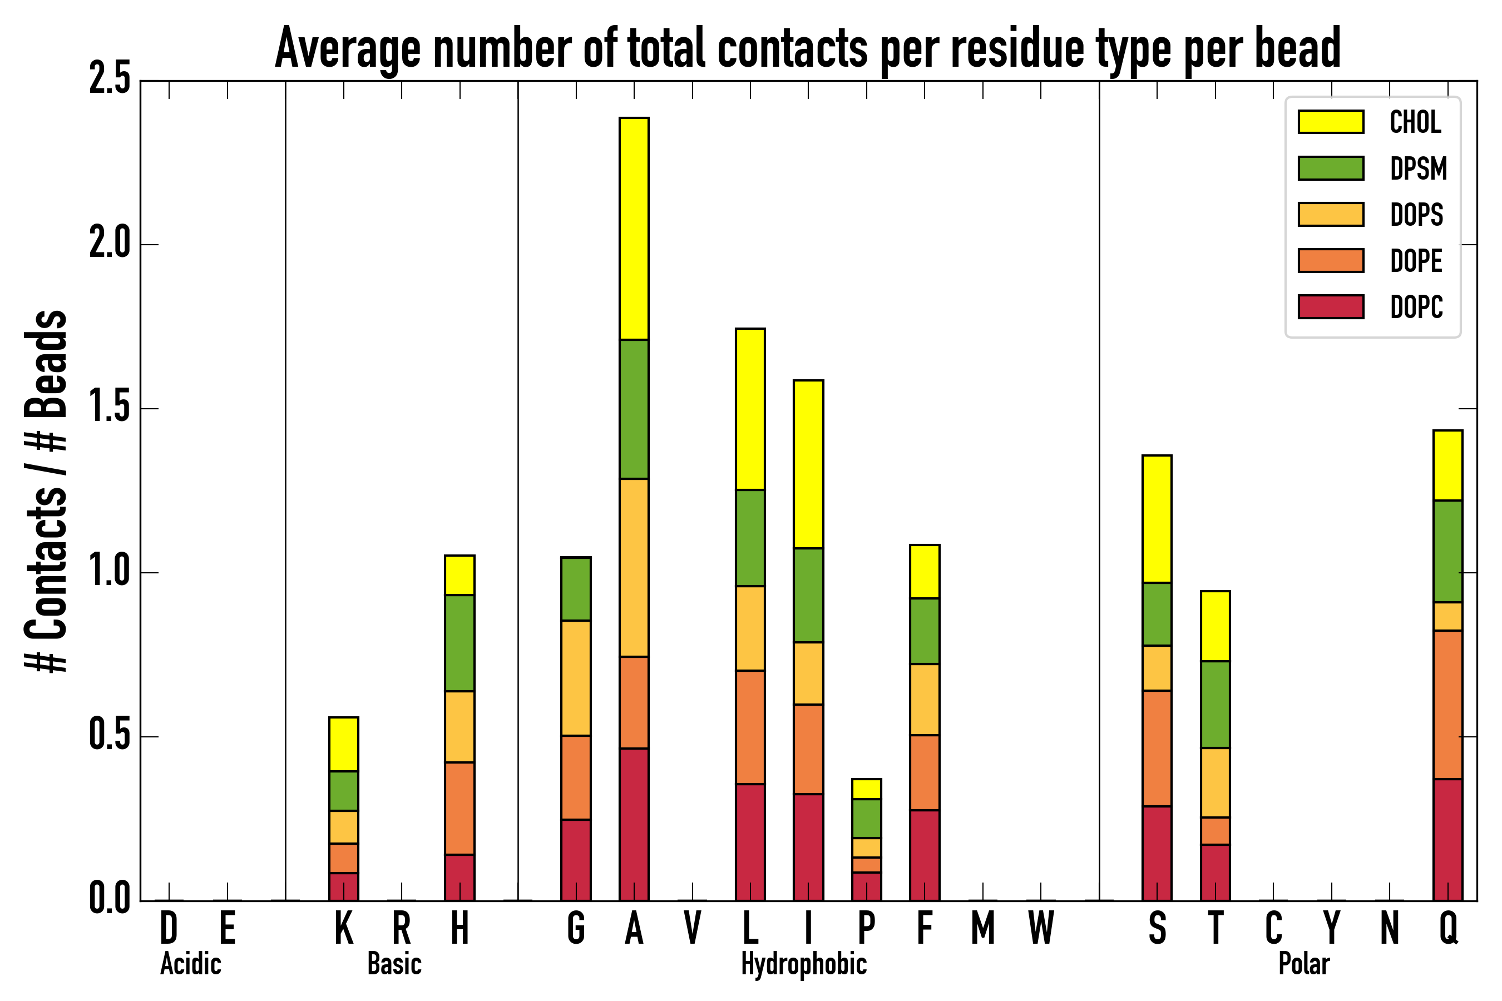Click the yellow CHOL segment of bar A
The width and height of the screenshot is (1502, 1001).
point(634,229)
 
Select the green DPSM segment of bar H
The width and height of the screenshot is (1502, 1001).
point(460,643)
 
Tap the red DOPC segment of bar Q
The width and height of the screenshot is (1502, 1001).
point(1447,840)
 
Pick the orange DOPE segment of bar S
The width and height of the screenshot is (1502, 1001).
point(1157,748)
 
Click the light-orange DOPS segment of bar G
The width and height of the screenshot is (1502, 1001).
point(576,678)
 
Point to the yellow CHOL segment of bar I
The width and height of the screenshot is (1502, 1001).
point(808,464)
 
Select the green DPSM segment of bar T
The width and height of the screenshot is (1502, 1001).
point(1216,704)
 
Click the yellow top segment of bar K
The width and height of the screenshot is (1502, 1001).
point(344,745)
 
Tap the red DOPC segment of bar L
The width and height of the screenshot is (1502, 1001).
point(750,842)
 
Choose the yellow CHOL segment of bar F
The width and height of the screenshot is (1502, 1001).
point(925,571)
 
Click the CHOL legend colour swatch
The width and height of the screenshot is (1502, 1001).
point(1331,122)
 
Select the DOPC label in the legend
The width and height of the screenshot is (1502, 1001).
point(1416,307)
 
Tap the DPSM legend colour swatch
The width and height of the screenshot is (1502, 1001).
point(1331,169)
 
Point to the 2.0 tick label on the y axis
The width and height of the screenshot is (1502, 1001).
point(109,245)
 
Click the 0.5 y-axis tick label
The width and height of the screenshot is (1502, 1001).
point(109,737)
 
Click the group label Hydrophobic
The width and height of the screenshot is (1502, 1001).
point(803,964)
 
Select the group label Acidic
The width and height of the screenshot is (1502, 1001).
point(190,964)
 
